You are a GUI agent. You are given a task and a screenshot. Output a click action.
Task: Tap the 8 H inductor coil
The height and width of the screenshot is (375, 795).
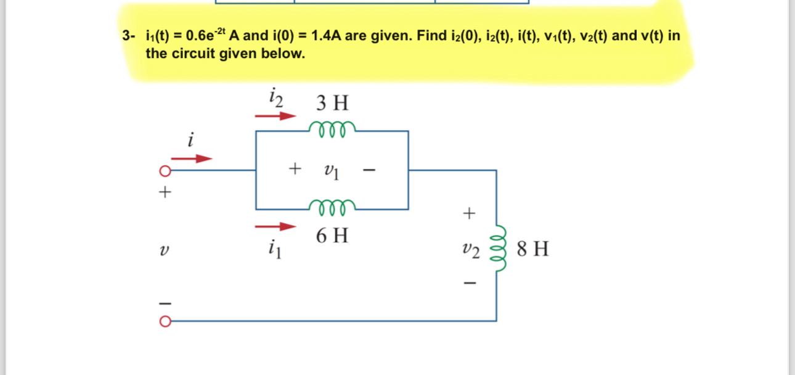tap(498, 250)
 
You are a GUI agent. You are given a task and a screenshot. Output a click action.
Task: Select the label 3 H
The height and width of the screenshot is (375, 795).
tap(332, 102)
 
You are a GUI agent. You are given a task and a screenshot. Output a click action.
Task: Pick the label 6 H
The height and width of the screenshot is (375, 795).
tap(332, 236)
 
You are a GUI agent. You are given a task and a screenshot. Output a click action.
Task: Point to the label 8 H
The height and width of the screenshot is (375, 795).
tap(533, 249)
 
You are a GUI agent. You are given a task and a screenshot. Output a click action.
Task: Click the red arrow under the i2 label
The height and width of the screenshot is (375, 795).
tap(276, 115)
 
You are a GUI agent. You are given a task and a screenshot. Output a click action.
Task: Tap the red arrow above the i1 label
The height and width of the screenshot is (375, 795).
tap(276, 226)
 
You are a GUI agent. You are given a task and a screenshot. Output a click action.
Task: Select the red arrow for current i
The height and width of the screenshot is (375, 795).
tap(196, 159)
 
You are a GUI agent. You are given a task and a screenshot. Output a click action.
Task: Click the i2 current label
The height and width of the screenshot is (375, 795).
tap(275, 97)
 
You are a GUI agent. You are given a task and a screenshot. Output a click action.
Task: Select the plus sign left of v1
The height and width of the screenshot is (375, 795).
tap(296, 167)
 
